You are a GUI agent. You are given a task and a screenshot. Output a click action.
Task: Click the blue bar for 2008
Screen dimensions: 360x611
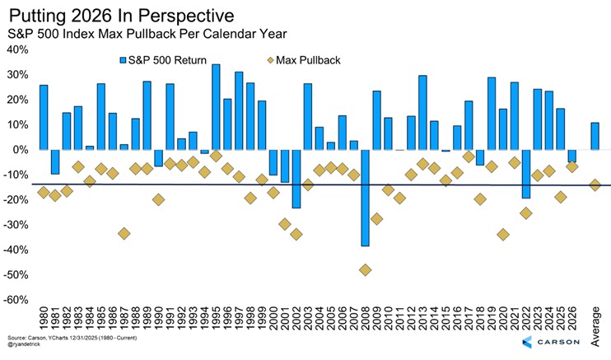click(x=365, y=198)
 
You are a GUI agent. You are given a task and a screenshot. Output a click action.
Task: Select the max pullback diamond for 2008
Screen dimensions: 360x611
click(x=365, y=269)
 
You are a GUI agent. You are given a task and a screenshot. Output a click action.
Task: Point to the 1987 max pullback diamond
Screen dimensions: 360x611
click(x=124, y=233)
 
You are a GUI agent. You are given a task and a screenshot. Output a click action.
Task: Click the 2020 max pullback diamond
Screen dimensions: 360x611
click(x=503, y=234)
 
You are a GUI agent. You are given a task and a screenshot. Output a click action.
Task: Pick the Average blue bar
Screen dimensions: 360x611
click(x=595, y=136)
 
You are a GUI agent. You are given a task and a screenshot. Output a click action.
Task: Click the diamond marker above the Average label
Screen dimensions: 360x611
click(x=595, y=185)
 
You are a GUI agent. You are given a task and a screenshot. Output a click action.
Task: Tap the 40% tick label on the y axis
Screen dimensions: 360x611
click(x=17, y=49)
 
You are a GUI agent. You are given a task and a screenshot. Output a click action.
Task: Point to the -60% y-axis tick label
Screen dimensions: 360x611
click(x=17, y=299)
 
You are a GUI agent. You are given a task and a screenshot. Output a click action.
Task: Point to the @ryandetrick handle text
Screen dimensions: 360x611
click(x=30, y=345)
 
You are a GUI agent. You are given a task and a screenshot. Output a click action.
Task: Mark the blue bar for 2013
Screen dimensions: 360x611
click(x=422, y=112)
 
